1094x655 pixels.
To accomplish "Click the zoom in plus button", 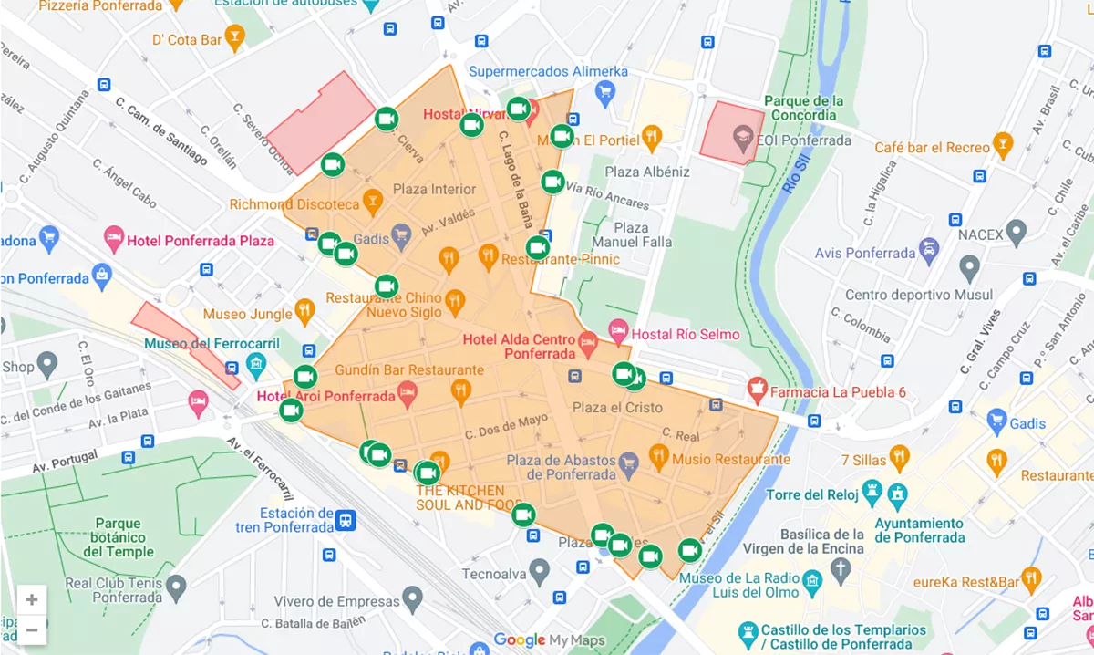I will click(x=32, y=599).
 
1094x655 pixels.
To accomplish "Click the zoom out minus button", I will click(x=32, y=629).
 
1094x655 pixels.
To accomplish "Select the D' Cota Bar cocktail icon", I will click(x=235, y=39).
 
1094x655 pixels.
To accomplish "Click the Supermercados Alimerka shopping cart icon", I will click(x=604, y=91).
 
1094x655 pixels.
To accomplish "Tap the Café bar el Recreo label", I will click(x=932, y=147).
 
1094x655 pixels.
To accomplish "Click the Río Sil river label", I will click(x=790, y=172).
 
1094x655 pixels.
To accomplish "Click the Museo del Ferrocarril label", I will click(x=195, y=343).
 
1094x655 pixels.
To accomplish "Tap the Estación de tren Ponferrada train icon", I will click(x=346, y=520).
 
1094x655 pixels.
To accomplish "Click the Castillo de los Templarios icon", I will click(x=748, y=630).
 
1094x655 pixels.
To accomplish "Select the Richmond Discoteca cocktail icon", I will click(x=372, y=200).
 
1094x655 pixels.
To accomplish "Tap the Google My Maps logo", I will click(x=550, y=640).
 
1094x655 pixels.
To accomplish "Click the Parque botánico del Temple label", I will click(x=118, y=537).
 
